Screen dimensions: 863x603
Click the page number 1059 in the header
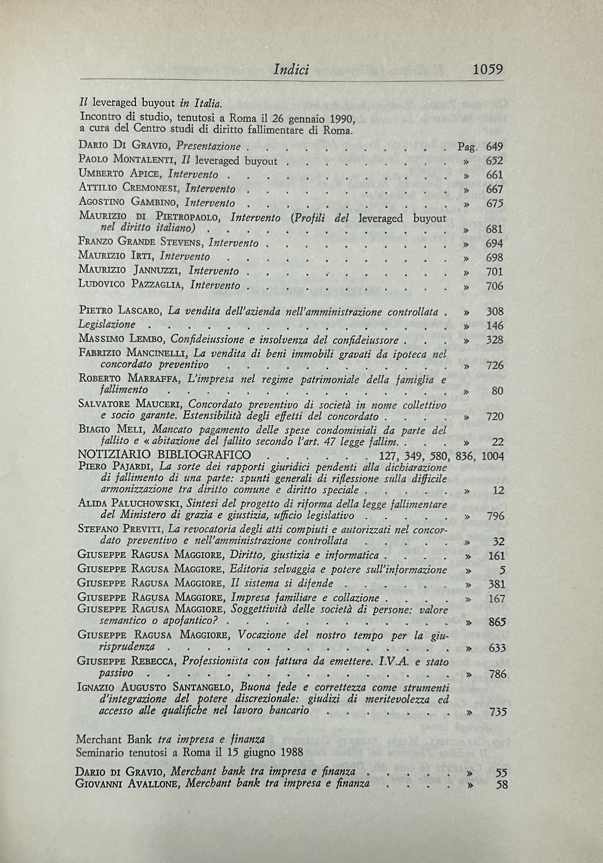[488, 69]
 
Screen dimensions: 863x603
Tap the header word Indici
[292, 69]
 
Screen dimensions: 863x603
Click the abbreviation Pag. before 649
[467, 147]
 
